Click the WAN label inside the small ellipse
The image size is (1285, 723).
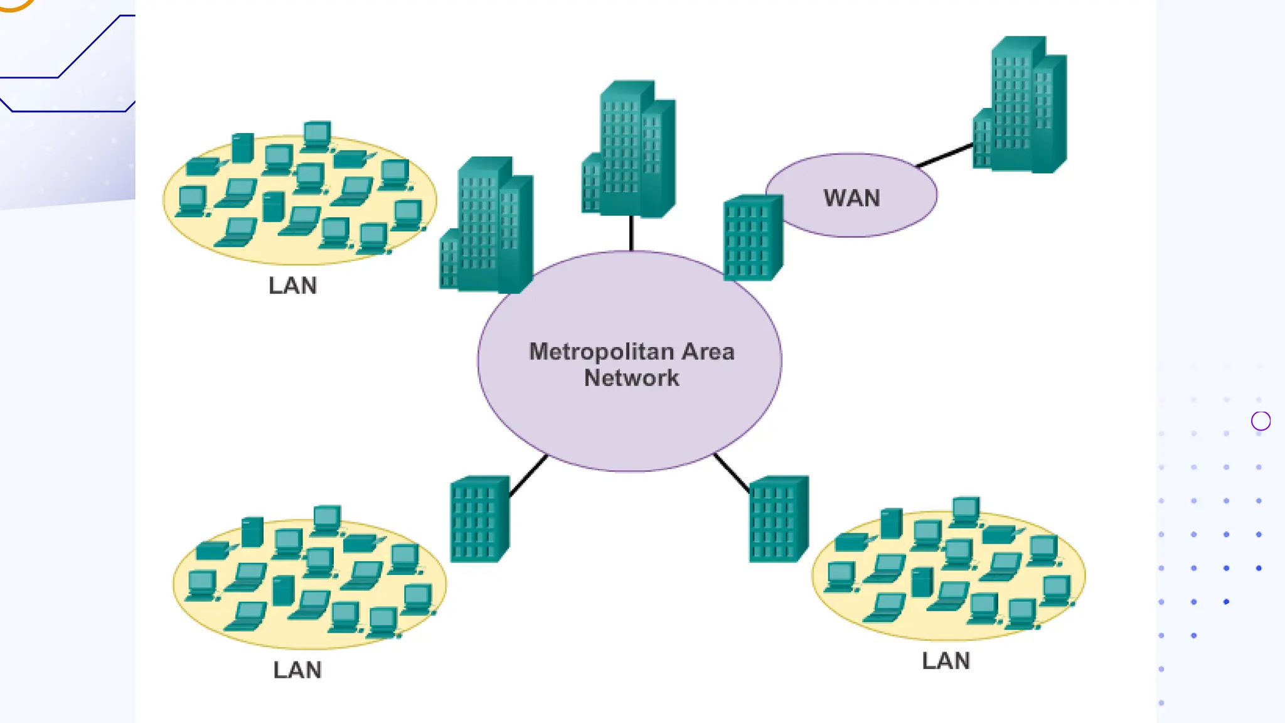(851, 198)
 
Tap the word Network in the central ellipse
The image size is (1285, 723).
(631, 378)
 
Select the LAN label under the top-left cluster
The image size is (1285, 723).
(292, 286)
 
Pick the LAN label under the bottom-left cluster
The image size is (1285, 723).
(297, 670)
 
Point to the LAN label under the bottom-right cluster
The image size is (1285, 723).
(946, 661)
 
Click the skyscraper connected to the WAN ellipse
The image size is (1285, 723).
(1021, 107)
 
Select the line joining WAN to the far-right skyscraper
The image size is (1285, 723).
(944, 155)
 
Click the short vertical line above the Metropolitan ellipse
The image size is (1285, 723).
(631, 233)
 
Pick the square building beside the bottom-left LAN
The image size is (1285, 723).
(479, 520)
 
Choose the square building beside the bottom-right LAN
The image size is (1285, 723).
(778, 520)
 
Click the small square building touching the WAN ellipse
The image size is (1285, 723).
(752, 237)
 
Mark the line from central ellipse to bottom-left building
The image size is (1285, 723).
(528, 476)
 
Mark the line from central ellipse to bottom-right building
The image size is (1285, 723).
(732, 473)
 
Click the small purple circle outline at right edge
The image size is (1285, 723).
(1261, 420)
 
